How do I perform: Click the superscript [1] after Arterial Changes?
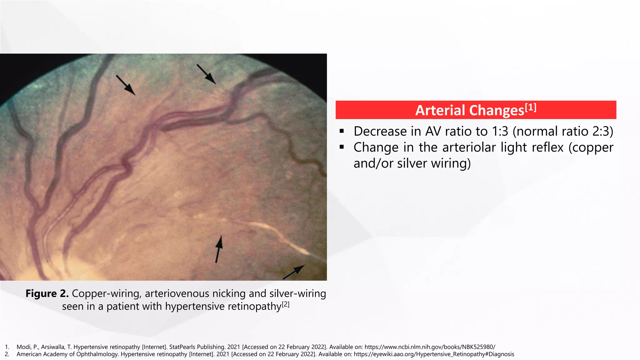pyautogui.click(x=531, y=107)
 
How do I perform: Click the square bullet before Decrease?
pyautogui.click(x=342, y=131)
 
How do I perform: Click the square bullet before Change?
pyautogui.click(x=342, y=147)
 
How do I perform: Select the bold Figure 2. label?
pyautogui.click(x=47, y=293)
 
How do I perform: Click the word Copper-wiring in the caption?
pyautogui.click(x=106, y=293)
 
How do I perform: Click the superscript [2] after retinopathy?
pyautogui.click(x=286, y=304)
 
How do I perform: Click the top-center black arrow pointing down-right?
pyautogui.click(x=206, y=74)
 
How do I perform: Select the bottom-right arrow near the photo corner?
pyautogui.click(x=294, y=272)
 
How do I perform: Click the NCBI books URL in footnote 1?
pyautogui.click(x=430, y=347)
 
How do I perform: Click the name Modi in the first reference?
pyautogui.click(x=23, y=347)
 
